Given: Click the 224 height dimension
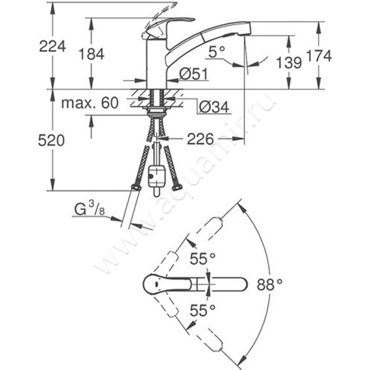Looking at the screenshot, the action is point(52,47).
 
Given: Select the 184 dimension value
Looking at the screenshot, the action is point(92,54).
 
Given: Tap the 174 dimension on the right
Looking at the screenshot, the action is point(319,56).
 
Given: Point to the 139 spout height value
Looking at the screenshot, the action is point(289,62).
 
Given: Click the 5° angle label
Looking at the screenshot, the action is point(216,52).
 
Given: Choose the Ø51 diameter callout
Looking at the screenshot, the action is point(193,74).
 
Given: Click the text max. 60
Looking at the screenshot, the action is point(90,103).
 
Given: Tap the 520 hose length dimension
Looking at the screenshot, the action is point(51,141).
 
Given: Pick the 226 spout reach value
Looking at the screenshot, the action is point(200,139).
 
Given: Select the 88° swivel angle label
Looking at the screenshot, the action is point(270,284).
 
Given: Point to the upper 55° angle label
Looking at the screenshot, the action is point(203,259).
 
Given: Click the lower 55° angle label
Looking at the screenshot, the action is point(203,310).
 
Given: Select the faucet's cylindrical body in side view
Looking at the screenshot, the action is point(157,64).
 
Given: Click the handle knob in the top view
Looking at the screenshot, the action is point(167,284).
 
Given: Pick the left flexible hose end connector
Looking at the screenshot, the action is point(136,187).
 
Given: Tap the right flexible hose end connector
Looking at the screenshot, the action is point(177,187).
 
